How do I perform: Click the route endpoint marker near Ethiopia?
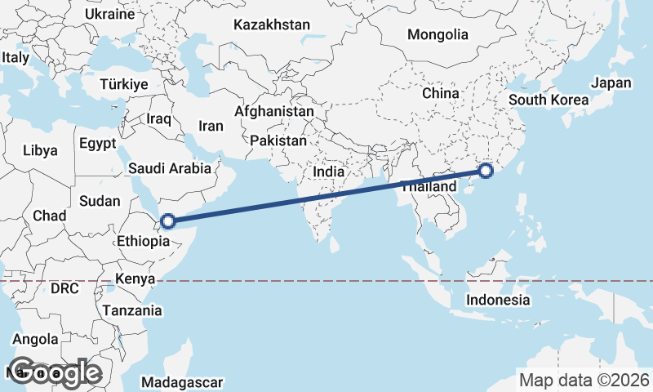pyautogui.click(x=168, y=220)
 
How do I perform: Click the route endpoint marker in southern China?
pyautogui.click(x=486, y=171)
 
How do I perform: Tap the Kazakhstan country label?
pyautogui.click(x=271, y=24)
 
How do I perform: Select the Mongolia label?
pyautogui.click(x=438, y=34)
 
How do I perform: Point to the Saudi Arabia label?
pyautogui.click(x=170, y=168)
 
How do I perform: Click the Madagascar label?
pyautogui.click(x=181, y=382)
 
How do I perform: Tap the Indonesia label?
pyautogui.click(x=498, y=300)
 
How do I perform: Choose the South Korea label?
pyautogui.click(x=548, y=100)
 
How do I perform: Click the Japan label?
pyautogui.click(x=611, y=83)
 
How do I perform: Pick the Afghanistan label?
pyautogui.click(x=273, y=111)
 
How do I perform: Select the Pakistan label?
pyautogui.click(x=278, y=140)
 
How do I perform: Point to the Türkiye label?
pyautogui.click(x=123, y=84)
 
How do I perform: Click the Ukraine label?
pyautogui.click(x=109, y=14)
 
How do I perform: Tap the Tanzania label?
pyautogui.click(x=132, y=310)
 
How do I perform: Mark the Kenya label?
pyautogui.click(x=135, y=279)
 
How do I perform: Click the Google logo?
pyautogui.click(x=55, y=372)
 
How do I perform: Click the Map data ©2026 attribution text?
pyautogui.click(x=584, y=380)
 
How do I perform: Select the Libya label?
pyautogui.click(x=40, y=150)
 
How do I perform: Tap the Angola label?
pyautogui.click(x=36, y=339)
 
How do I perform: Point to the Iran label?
pyautogui.click(x=211, y=127)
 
